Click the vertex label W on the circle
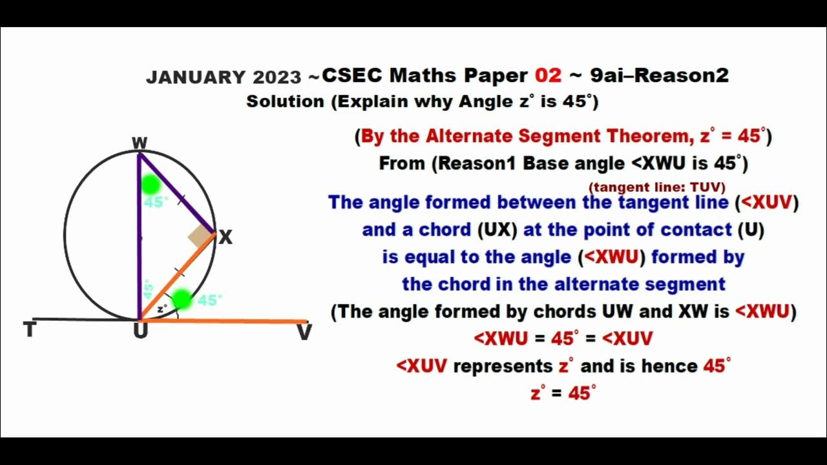click(139, 143)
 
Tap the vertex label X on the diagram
click(225, 238)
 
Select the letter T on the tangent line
click(29, 331)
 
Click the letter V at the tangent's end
click(304, 333)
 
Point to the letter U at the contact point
click(140, 332)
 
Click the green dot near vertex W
click(151, 185)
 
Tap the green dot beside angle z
click(182, 299)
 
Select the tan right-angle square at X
click(201, 237)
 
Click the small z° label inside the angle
click(162, 307)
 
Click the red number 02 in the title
click(549, 76)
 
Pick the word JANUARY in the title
click(196, 77)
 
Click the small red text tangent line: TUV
click(656, 187)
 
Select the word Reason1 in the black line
click(479, 163)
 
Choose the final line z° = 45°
click(563, 393)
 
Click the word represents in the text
click(503, 366)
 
